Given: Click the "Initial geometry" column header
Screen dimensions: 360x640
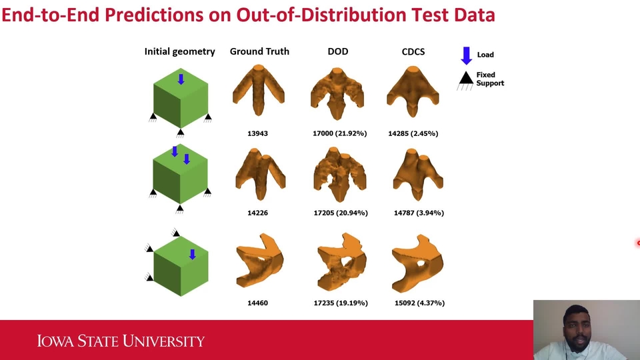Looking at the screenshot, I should [179, 51].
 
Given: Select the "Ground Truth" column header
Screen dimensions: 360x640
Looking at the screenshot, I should [259, 51].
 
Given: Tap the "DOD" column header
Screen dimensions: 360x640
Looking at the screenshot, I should [338, 51].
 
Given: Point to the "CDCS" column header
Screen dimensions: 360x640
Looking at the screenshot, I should [413, 51].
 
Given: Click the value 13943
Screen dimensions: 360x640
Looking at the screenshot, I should [258, 133].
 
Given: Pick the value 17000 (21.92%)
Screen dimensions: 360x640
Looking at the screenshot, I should [339, 133].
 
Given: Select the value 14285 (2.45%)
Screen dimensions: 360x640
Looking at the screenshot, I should [413, 133].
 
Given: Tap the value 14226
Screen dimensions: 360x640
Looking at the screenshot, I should [258, 213].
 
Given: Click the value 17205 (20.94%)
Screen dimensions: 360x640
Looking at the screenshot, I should [339, 213].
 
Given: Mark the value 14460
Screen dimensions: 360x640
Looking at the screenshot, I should [257, 303].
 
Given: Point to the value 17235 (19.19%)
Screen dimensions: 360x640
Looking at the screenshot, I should [340, 303].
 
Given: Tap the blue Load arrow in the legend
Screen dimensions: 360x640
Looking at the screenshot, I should [467, 55].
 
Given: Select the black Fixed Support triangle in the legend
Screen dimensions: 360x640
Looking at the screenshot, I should [466, 78].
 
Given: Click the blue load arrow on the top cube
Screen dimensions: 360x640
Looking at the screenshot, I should [181, 79].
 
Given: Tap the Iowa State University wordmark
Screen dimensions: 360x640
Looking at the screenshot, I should [121, 341].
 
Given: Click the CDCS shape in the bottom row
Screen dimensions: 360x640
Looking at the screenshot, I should [418, 263].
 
